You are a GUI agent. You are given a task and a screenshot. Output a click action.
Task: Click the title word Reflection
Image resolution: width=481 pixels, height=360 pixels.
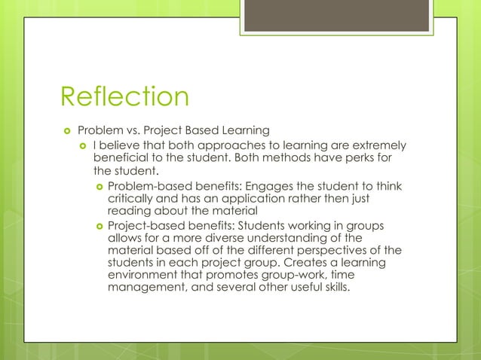tap(124, 97)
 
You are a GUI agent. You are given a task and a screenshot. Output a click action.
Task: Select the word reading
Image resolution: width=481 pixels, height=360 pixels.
tap(130, 211)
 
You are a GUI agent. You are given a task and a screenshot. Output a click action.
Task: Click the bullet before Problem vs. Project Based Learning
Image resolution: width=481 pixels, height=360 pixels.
tap(66, 129)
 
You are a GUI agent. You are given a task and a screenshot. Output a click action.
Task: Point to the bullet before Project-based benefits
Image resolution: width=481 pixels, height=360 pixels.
tap(98, 225)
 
